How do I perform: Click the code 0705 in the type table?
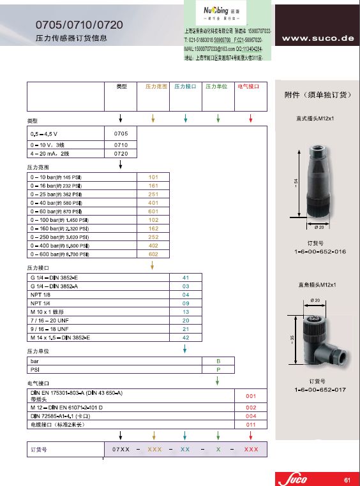point(121,134)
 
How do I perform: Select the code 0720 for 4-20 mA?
point(121,154)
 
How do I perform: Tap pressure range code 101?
point(153,177)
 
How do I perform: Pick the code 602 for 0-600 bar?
point(153,253)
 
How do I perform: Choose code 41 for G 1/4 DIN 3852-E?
point(186,278)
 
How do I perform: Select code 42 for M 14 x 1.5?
point(186,337)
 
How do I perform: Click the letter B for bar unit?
point(218,361)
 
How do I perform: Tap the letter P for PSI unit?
point(218,369)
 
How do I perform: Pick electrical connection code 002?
point(251,407)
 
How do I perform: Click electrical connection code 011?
point(251,424)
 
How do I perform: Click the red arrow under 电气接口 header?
point(251,119)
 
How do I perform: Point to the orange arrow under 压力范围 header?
point(153,119)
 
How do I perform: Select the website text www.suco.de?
point(317,38)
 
